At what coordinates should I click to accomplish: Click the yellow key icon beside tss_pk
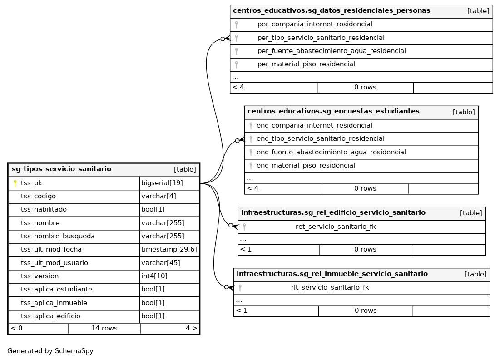[15, 183]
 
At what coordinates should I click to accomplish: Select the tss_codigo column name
[38, 197]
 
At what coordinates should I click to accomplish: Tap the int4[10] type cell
[154, 276]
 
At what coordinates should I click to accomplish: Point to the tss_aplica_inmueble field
[54, 303]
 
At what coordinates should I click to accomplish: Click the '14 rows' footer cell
[104, 328]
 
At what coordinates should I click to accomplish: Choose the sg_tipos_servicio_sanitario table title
[61, 169]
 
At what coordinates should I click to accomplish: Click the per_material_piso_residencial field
[306, 64]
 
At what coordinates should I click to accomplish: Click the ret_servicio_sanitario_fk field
[336, 227]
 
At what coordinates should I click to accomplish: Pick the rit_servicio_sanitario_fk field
[330, 287]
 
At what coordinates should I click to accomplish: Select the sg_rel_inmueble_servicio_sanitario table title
[332, 274]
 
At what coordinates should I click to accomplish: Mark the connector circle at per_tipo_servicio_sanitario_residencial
[223, 39]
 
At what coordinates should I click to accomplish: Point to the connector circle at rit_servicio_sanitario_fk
[226, 287]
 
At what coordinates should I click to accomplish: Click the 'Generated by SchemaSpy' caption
[50, 351]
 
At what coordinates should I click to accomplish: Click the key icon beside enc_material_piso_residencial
[251, 166]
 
